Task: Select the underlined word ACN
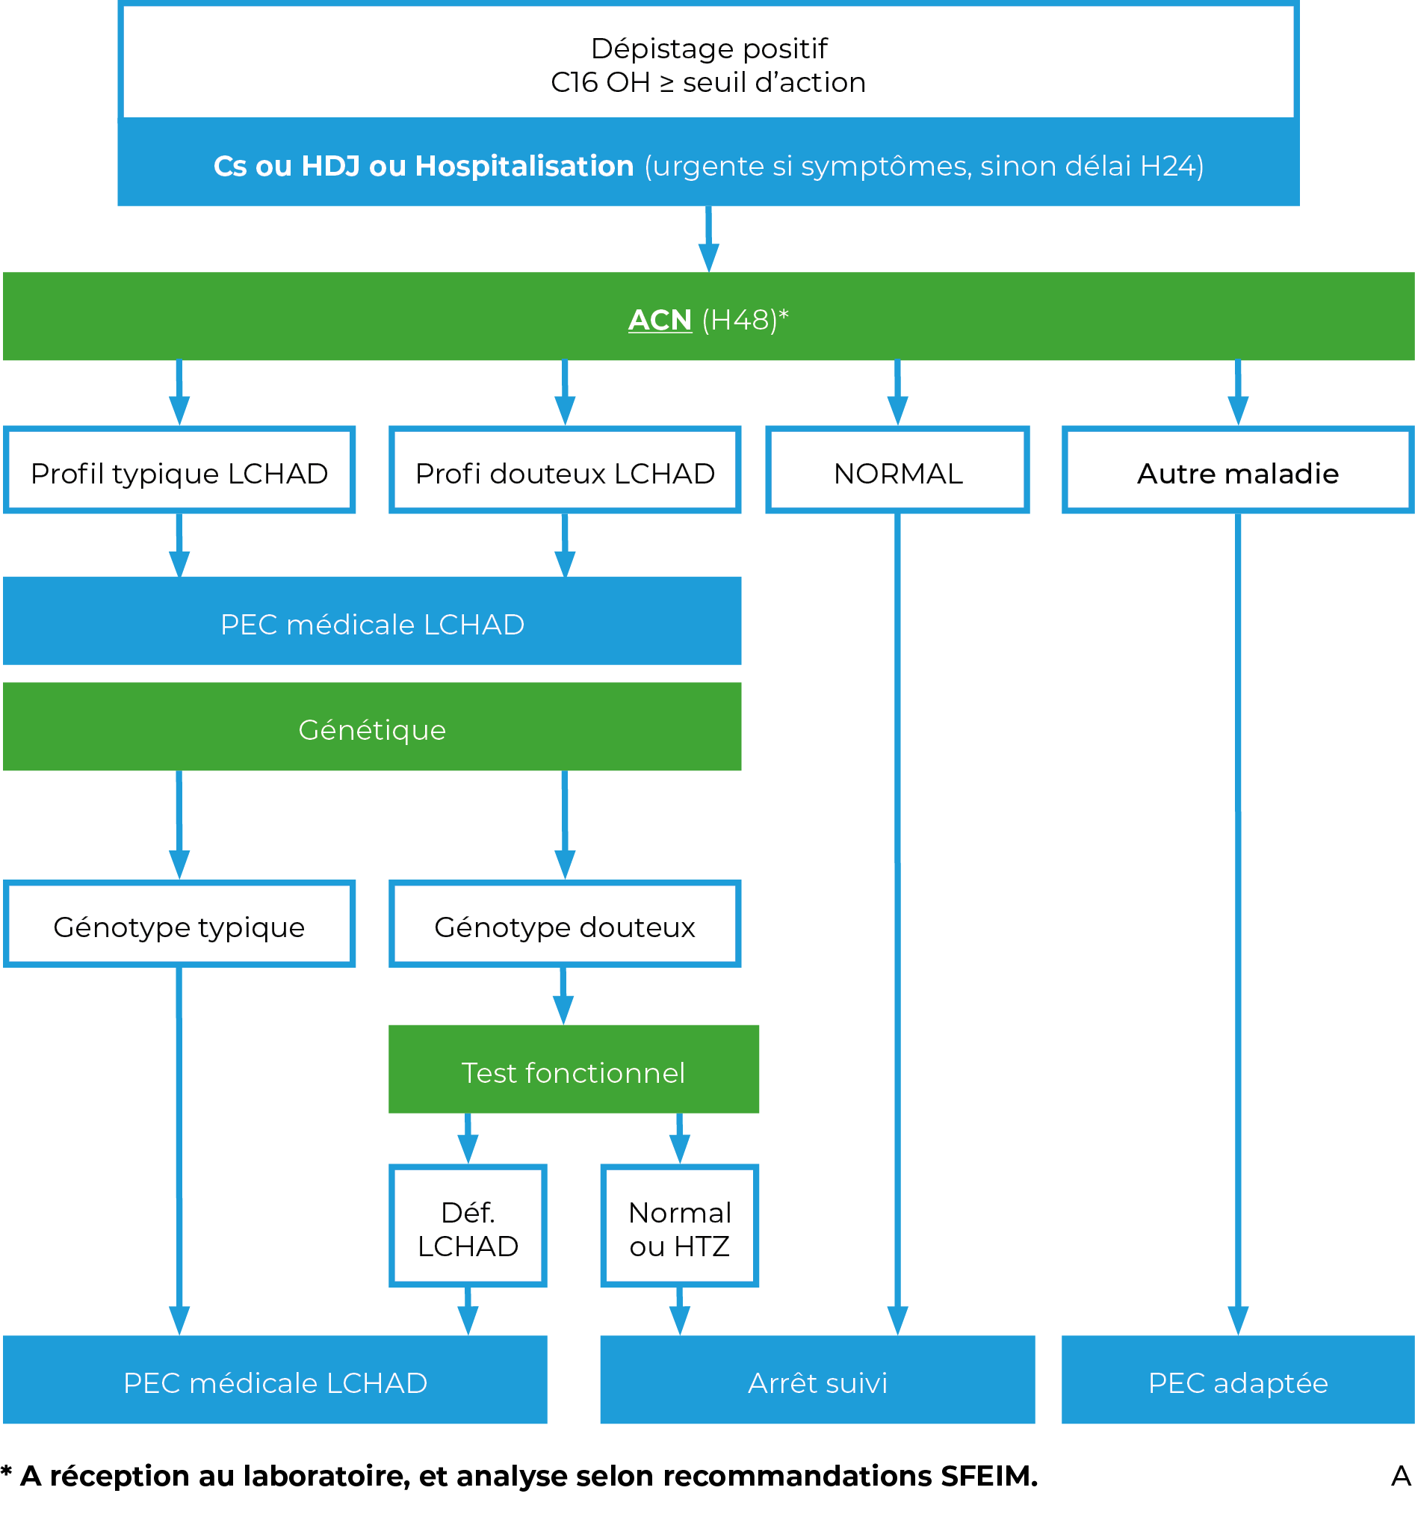click(660, 320)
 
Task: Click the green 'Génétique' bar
click(371, 726)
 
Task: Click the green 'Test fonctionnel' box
click(574, 1069)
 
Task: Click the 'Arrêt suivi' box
click(817, 1380)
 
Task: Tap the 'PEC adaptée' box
click(1237, 1380)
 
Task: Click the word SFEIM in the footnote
click(988, 1476)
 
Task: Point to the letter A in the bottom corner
click(1401, 1476)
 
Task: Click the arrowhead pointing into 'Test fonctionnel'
click(563, 1010)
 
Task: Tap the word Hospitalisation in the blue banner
click(524, 166)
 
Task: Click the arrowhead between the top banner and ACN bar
click(708, 257)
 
